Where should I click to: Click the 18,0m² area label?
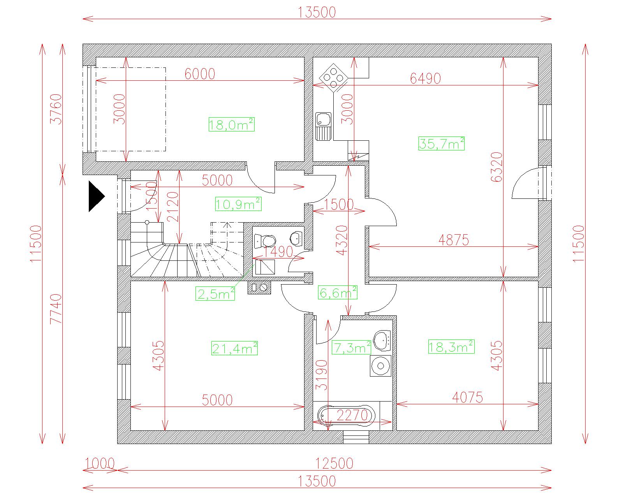[231, 125]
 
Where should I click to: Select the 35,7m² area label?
[442, 143]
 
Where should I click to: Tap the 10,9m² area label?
[238, 204]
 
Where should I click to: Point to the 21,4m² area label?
[234, 348]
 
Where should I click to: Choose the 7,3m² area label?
[352, 347]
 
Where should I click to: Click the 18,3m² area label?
[451, 347]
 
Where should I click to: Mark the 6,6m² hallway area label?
[338, 292]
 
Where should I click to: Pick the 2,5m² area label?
[215, 294]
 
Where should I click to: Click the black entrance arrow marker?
[97, 196]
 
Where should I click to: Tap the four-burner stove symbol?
[334, 78]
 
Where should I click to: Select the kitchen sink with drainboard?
[323, 127]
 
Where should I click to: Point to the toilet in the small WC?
[265, 241]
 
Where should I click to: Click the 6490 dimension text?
[425, 79]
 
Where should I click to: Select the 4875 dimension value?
[453, 240]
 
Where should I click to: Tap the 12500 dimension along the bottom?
[334, 464]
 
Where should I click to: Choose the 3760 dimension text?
[56, 109]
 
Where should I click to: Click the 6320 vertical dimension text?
[496, 167]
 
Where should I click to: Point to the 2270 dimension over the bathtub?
[352, 415]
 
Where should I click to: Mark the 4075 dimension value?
[468, 397]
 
